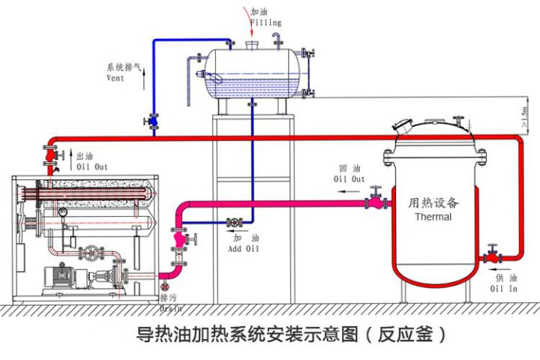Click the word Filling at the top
tap(265, 22)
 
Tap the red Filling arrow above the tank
tap(249, 21)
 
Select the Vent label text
tap(115, 77)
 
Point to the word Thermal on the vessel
tap(433, 217)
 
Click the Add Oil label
tap(243, 248)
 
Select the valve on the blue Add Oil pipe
tap(235, 223)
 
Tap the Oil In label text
tap(503, 288)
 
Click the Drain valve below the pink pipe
tap(165, 287)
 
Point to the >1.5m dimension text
tap(524, 117)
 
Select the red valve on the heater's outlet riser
tap(51, 155)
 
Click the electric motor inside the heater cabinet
tap(61, 275)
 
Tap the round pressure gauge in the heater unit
tap(62, 213)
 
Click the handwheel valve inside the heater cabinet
tap(91, 253)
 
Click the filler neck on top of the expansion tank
tap(252, 45)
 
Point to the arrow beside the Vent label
tap(144, 78)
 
